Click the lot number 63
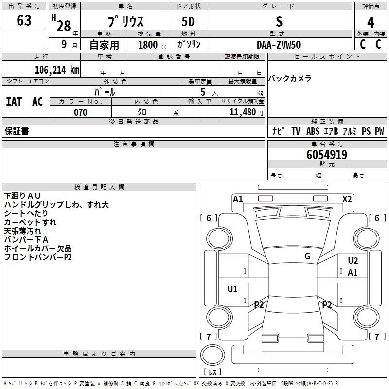click(x=24, y=21)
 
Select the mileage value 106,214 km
click(x=57, y=70)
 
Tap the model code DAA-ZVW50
click(x=279, y=45)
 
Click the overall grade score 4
click(x=371, y=22)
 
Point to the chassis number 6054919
click(x=327, y=155)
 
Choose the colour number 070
click(x=80, y=112)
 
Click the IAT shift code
click(x=14, y=102)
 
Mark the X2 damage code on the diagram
click(x=347, y=199)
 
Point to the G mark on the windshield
click(x=307, y=256)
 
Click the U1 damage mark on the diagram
click(x=232, y=289)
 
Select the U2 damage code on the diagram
click(x=353, y=261)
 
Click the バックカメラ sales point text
click(x=290, y=79)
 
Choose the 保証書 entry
click(x=17, y=131)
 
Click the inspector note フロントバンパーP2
click(x=37, y=257)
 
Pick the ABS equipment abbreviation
click(x=312, y=131)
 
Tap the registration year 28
click(x=64, y=26)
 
